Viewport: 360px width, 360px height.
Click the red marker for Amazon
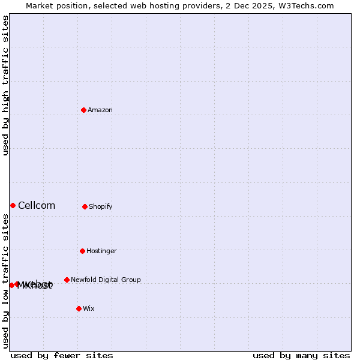coord(84,110)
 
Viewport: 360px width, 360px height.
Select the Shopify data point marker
coord(85,206)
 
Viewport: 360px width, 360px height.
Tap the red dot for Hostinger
coord(82,251)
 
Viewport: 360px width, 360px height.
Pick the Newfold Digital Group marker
coord(67,280)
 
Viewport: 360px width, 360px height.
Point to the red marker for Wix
coord(79,308)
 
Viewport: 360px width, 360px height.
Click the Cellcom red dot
coord(13,205)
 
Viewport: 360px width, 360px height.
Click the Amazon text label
coord(100,110)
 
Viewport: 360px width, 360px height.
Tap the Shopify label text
coord(101,206)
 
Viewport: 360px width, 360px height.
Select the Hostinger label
coord(101,251)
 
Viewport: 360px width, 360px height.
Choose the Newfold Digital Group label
coord(106,280)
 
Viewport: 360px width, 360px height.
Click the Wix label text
coord(89,308)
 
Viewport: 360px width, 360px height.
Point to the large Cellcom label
coord(37,205)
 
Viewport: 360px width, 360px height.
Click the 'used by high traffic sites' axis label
coord(5,85)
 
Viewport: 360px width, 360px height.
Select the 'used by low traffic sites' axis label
coord(5,281)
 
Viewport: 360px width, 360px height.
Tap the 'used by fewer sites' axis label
coord(62,355)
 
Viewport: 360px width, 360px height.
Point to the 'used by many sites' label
coord(301,355)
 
